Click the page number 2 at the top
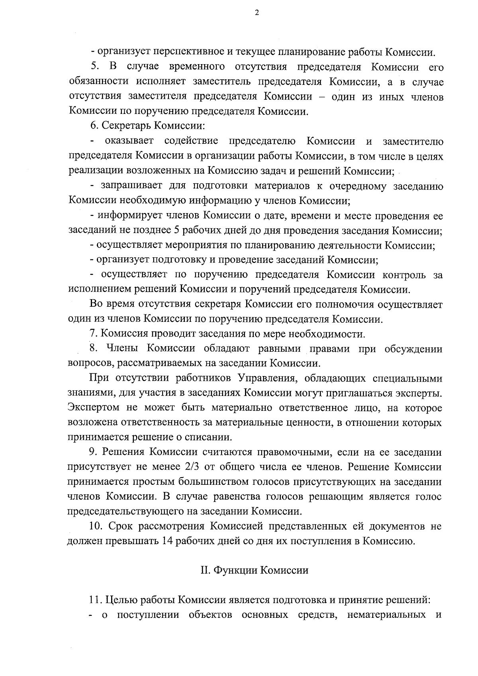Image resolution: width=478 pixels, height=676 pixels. coord(257,13)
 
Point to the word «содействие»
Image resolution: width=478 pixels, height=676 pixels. coord(191,141)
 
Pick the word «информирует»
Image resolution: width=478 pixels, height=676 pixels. coord(126,216)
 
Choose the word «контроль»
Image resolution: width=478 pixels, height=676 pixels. coord(404,275)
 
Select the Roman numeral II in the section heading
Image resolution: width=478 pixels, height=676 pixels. coord(205,570)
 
